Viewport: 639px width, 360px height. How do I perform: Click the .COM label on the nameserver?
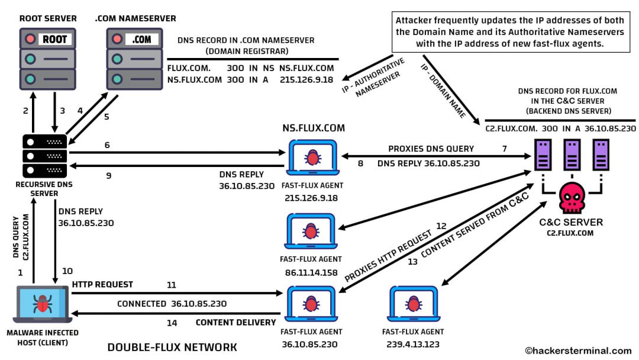click(x=142, y=40)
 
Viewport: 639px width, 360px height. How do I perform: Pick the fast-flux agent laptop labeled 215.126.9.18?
click(x=311, y=157)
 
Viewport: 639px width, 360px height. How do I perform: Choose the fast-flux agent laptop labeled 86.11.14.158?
click(x=311, y=232)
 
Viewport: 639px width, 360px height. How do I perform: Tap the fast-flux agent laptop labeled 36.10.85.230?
click(x=311, y=304)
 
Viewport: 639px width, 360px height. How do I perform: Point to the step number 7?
click(x=504, y=148)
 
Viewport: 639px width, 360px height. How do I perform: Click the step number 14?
click(x=172, y=323)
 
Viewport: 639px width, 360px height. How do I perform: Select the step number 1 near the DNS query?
click(x=21, y=273)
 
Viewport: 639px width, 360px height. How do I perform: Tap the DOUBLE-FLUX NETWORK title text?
click(x=172, y=347)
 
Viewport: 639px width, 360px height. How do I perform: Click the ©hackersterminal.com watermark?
click(x=578, y=351)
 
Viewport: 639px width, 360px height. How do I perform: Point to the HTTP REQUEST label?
click(x=102, y=284)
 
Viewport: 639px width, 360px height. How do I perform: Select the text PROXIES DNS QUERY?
click(x=431, y=148)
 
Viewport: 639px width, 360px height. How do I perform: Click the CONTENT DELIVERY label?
click(x=235, y=323)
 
